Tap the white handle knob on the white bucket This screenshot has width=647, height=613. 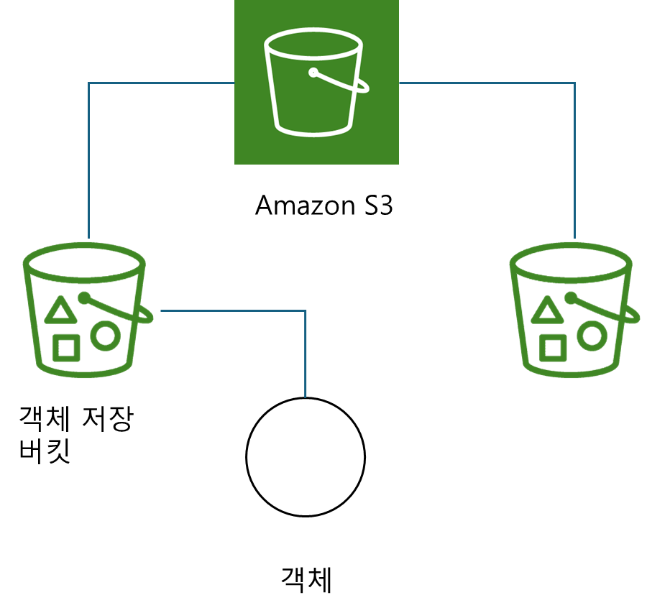pyautogui.click(x=313, y=73)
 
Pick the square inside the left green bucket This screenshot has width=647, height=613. pyautogui.click(x=66, y=349)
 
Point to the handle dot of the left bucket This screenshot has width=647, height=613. pyautogui.click(x=84, y=297)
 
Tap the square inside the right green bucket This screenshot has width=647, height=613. pyautogui.click(x=552, y=349)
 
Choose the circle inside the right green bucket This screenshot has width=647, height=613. pyautogui.click(x=592, y=335)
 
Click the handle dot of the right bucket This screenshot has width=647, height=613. pyautogui.click(x=571, y=297)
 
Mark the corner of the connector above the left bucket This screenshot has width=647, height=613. pyautogui.click(x=88, y=83)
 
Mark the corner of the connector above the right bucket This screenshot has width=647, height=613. pyautogui.click(x=575, y=83)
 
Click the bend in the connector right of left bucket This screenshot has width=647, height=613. pyautogui.click(x=306, y=311)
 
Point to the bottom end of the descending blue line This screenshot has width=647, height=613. pyautogui.click(x=306, y=396)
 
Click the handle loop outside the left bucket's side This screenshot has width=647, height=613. pyautogui.click(x=147, y=316)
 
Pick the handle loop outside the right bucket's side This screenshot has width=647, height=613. pyautogui.click(x=634, y=316)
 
